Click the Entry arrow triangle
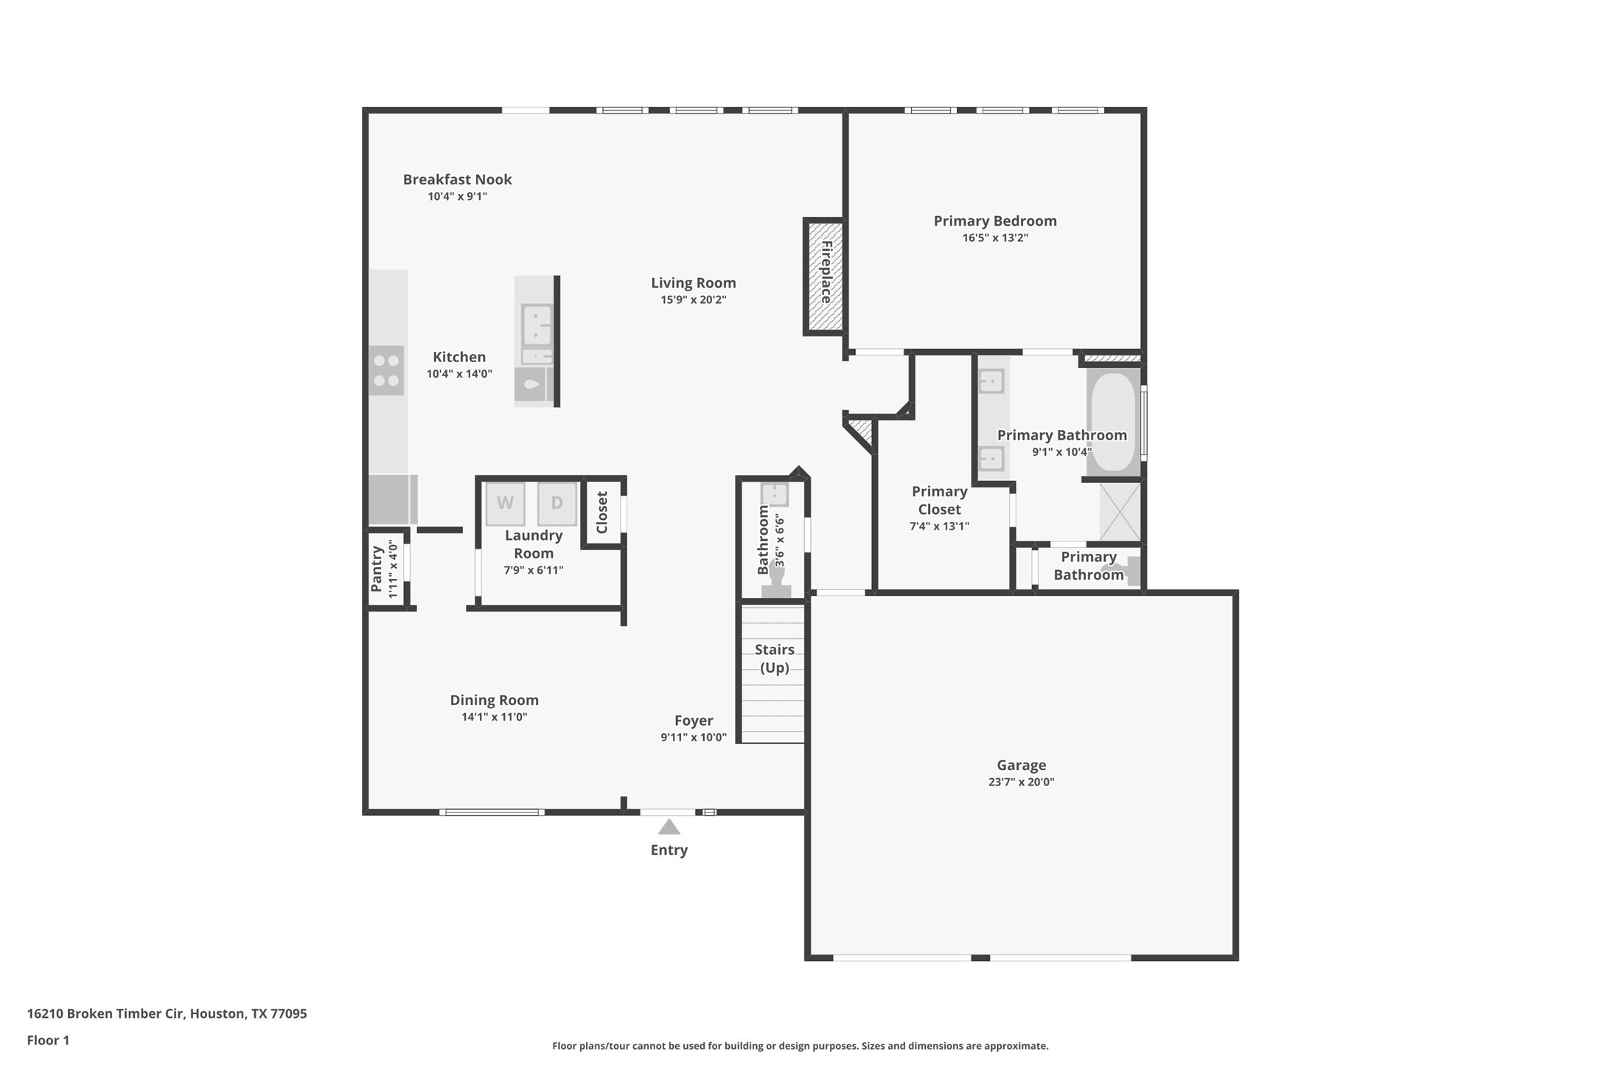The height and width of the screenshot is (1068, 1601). [669, 827]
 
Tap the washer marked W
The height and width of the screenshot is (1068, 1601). [505, 504]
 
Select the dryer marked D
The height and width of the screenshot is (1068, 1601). [557, 504]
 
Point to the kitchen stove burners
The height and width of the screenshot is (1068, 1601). [386, 370]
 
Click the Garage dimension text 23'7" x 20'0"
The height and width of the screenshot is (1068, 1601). [1021, 783]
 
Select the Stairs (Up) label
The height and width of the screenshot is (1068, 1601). [774, 658]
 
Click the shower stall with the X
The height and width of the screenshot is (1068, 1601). [1120, 511]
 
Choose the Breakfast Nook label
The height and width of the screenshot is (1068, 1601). [457, 179]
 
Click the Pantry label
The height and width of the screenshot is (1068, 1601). [377, 568]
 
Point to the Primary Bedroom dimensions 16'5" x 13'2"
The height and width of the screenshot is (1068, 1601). [994, 238]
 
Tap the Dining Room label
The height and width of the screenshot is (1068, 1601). [494, 700]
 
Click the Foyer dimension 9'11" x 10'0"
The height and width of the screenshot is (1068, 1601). [693, 738]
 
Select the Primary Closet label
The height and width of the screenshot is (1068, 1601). [939, 500]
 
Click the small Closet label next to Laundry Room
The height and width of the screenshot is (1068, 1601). [602, 512]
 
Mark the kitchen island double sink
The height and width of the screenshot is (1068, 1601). [536, 325]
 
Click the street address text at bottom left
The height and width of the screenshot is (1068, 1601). [167, 1013]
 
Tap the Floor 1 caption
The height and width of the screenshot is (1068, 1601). [48, 1041]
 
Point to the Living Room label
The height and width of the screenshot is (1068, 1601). [693, 282]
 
